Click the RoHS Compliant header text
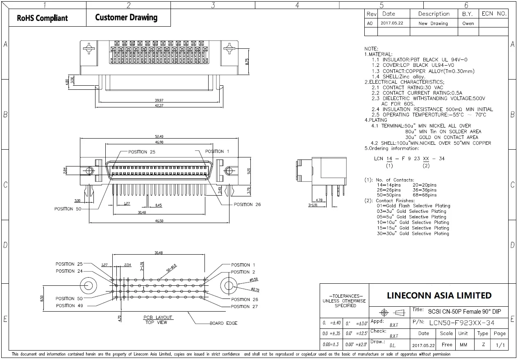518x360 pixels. (x=42, y=18)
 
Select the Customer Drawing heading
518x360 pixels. (x=126, y=17)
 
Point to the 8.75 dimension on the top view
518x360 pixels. (x=247, y=62)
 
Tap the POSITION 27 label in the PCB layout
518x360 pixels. (x=244, y=306)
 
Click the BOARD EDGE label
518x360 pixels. (x=223, y=323)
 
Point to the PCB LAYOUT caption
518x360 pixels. (x=158, y=317)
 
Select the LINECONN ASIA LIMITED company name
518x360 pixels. (x=439, y=296)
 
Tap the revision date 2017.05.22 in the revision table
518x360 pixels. (x=392, y=23)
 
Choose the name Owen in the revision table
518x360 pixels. (x=468, y=23)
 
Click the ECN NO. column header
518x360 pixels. (x=494, y=14)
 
